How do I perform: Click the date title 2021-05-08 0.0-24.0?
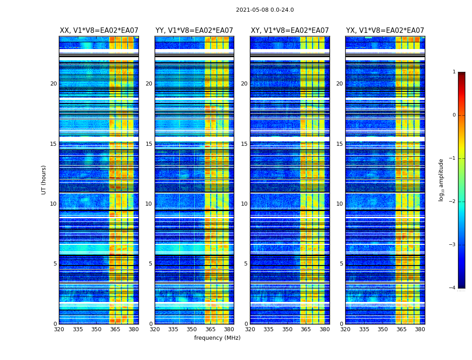coord(265,10)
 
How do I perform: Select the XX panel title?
coord(99,31)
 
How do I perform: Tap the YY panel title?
coord(194,31)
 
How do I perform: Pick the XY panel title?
coord(289,31)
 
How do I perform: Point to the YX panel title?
coord(385,31)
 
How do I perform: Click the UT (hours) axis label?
coord(44,180)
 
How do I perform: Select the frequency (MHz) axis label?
coord(217,338)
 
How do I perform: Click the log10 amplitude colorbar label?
coord(441,180)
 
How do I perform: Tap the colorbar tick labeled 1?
coord(454,72)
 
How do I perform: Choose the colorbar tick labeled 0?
coord(454,115)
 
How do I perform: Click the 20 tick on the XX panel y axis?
coord(53,84)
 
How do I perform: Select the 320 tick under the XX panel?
coord(59,329)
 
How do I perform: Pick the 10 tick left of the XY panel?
coord(244,204)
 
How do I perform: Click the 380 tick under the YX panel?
coord(420,329)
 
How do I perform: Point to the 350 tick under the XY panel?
coord(287,329)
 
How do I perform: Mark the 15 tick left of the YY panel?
coord(149,144)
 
